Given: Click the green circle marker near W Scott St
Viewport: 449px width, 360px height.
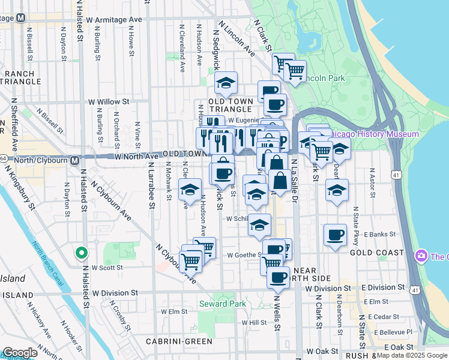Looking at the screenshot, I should click(x=81, y=253).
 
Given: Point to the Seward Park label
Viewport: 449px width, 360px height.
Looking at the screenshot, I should click(x=226, y=304).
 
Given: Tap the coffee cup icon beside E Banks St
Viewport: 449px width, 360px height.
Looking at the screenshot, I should click(x=335, y=234).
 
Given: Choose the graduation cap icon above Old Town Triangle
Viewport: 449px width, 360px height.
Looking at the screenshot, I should click(x=226, y=83).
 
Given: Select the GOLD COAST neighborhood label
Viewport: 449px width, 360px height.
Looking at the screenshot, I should click(x=377, y=253).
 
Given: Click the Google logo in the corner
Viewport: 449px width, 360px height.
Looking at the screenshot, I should click(x=20, y=353).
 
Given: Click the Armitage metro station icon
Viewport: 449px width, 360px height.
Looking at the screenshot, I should click(x=20, y=17).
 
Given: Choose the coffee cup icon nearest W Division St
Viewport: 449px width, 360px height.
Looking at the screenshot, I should click(x=278, y=277).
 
